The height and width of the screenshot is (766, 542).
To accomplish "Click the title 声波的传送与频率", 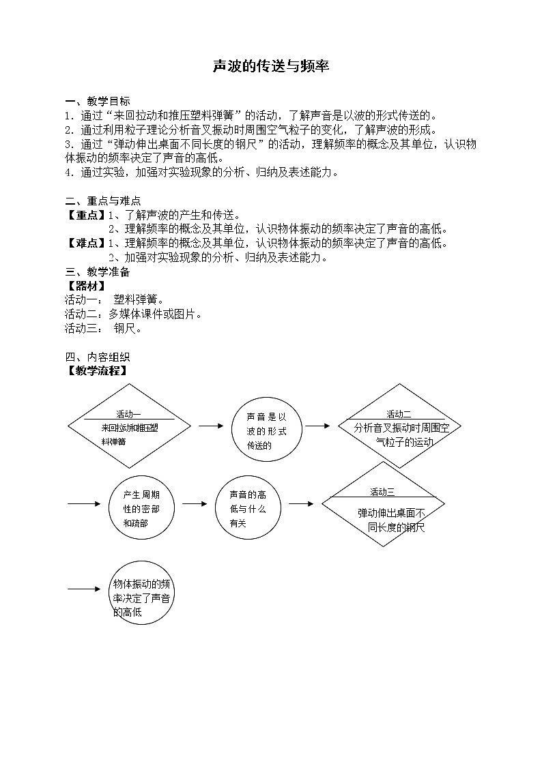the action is point(271,65).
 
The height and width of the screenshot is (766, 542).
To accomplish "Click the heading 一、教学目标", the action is point(97,101).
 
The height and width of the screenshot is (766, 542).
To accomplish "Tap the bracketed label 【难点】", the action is point(86,243).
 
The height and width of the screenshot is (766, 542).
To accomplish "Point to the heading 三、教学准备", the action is point(97,272).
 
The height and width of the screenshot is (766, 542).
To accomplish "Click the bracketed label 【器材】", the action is point(86,286).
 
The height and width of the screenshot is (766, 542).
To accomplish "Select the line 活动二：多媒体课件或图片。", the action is point(134,314).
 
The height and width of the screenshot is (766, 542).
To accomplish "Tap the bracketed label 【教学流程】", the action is point(97,371).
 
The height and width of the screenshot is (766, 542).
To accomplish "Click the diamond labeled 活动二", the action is point(399,426).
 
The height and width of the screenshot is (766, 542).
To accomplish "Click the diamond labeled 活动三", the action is point(383,505).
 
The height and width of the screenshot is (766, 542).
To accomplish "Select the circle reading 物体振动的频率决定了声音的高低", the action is point(142,593).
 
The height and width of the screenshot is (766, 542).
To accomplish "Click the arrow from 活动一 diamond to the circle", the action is point(211,426).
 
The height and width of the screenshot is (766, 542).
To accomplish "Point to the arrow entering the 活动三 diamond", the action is point(301,504).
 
